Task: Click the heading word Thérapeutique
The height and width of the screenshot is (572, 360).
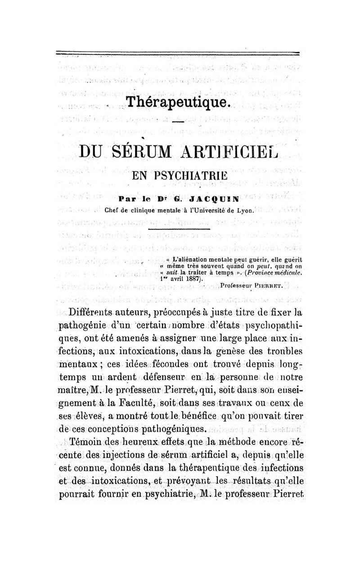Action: tap(179, 102)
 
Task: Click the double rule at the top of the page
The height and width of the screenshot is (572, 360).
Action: tap(178, 54)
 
